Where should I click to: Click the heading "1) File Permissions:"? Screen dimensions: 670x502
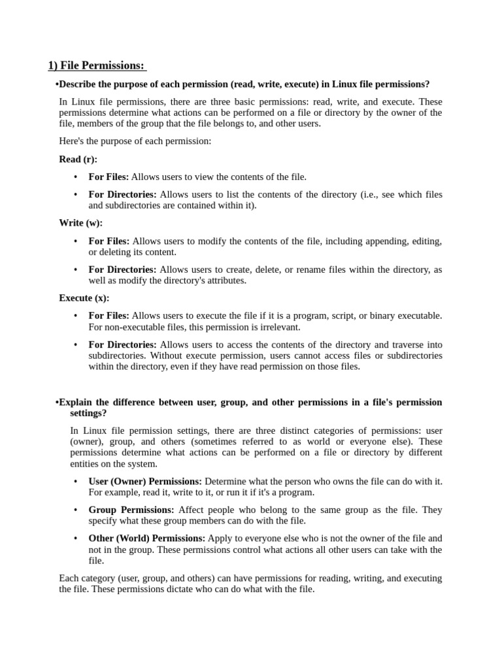(97, 65)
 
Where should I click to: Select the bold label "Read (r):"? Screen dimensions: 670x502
(78, 159)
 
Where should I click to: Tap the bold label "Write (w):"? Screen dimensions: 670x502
(80, 222)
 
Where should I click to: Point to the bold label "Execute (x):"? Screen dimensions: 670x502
(84, 298)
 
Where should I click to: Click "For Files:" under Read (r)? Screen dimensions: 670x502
(109, 177)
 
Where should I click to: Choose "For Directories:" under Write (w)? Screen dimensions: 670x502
(122, 270)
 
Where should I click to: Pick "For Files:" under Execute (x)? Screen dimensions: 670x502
(109, 316)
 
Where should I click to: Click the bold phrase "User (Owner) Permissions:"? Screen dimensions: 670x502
(145, 482)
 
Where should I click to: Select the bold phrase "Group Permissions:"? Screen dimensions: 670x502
(131, 510)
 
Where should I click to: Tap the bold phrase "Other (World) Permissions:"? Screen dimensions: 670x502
(146, 538)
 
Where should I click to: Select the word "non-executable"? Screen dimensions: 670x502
(135, 327)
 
